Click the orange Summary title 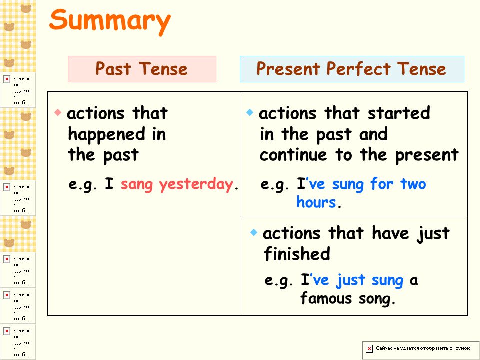110,21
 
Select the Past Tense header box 142,69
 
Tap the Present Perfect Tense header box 352,69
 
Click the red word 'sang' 136,185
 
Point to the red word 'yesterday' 196,185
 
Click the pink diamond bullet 58,112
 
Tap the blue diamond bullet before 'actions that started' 250,112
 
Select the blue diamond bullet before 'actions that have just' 254,232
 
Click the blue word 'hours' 316,202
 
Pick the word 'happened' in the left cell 107,134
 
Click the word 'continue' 293,155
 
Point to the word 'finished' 297,254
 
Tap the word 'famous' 326,298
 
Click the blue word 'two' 413,184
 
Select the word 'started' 399,113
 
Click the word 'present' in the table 427,155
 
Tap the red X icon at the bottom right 369,348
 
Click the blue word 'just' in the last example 351,280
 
